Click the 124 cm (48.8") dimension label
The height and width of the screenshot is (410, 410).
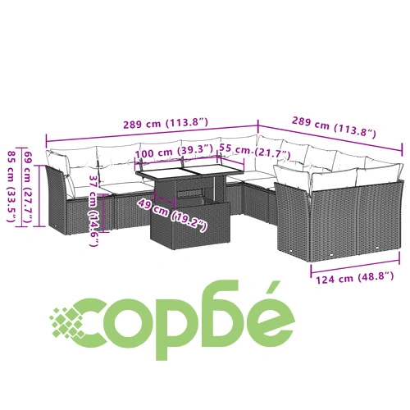(355, 278)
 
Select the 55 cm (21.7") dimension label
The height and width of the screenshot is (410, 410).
(254, 151)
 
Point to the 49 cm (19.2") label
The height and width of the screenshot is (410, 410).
(172, 216)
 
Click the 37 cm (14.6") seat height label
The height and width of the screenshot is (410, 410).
(94, 211)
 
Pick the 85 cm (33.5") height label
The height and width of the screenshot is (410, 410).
(11, 186)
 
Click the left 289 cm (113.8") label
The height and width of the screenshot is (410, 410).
(166, 123)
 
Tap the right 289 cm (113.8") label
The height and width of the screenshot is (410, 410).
(334, 126)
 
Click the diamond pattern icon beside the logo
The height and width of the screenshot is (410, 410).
(67, 322)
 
